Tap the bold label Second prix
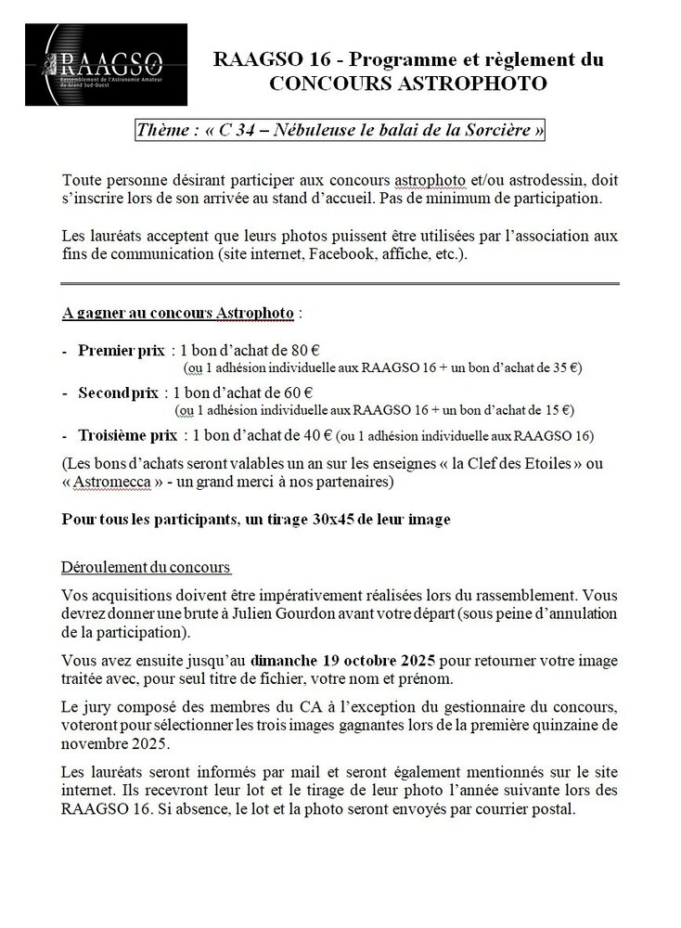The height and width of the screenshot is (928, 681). (x=119, y=393)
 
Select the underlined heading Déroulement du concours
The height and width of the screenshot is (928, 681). (x=146, y=567)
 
